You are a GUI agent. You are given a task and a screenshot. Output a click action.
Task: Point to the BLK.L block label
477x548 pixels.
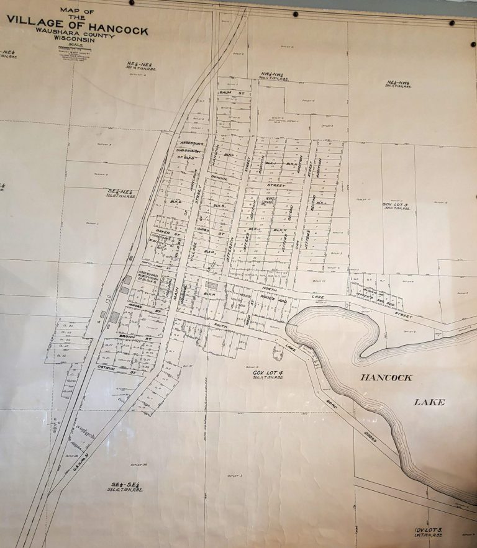tap(322, 203)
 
